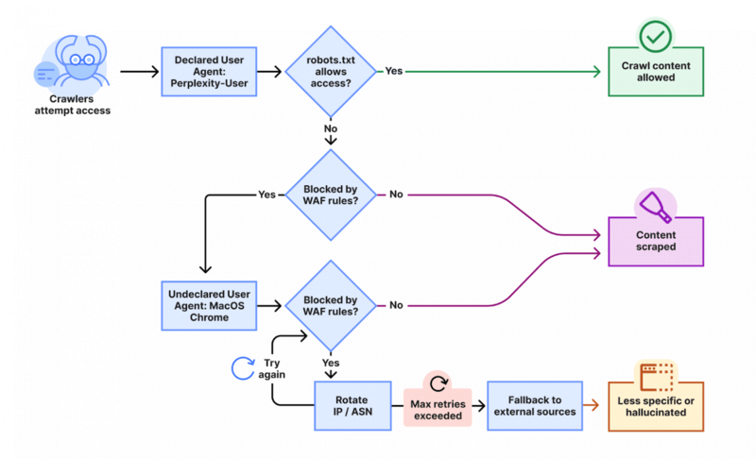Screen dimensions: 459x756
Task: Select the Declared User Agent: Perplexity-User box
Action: [x=209, y=71]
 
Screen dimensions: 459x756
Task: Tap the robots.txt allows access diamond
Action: [x=330, y=71]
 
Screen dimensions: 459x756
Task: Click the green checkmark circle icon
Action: [x=655, y=37]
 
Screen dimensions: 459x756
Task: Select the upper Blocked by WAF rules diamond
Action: [x=330, y=195]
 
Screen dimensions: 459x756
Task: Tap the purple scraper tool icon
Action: [x=655, y=204]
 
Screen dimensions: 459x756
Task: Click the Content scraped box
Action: [x=656, y=241]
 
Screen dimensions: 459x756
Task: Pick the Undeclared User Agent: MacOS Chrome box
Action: [x=209, y=305]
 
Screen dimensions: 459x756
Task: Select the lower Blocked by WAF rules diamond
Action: [x=330, y=305]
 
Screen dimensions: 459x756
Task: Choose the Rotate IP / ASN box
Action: [x=352, y=405]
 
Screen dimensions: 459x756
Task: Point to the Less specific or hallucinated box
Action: [x=656, y=407]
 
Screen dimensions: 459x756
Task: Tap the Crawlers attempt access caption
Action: [x=79, y=104]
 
